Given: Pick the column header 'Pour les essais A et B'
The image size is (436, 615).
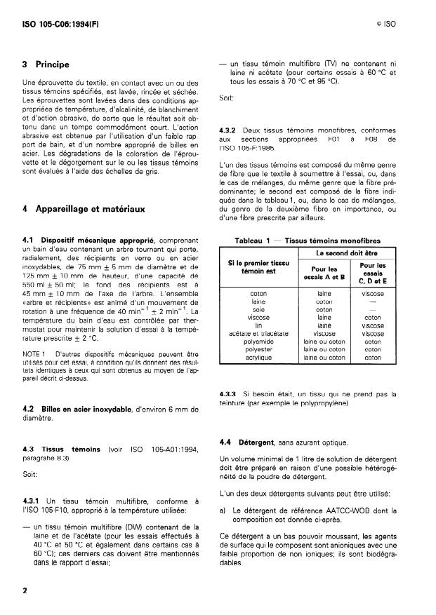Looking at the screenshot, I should (324, 271).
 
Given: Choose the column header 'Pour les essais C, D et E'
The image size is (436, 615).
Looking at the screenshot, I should (372, 271).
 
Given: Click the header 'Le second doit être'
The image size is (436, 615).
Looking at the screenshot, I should (348, 252).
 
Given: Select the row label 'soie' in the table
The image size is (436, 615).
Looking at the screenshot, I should (258, 309).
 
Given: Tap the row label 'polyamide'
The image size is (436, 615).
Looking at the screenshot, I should (258, 341).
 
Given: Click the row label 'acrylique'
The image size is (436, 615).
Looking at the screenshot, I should (258, 357).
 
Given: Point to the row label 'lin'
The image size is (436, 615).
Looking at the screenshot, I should (258, 325).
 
